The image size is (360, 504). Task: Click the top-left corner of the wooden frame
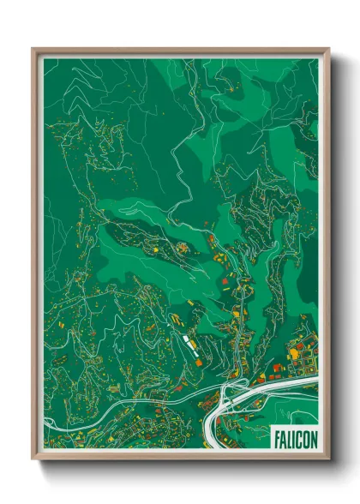point(33,50)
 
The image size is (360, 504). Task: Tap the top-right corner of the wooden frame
point(328,50)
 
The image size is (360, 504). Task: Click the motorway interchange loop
point(229,396)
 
